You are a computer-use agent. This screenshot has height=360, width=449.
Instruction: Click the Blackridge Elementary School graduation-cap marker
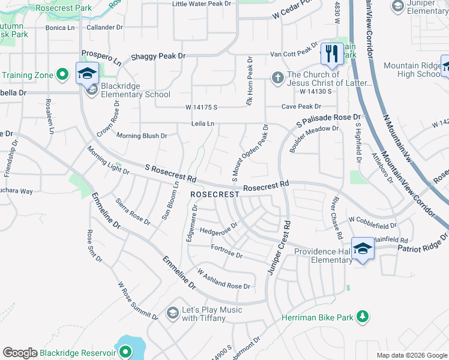[87, 74]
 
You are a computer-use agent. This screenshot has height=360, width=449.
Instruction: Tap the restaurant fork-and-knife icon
[332, 53]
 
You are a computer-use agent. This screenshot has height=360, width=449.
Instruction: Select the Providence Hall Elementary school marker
[363, 248]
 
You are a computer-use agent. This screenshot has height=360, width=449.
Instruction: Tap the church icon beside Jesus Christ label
[277, 77]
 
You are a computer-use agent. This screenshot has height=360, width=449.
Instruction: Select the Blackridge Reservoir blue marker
[125, 352]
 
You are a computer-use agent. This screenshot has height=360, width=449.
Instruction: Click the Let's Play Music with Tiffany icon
[173, 313]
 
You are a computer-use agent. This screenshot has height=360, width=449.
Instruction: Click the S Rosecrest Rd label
[171, 173]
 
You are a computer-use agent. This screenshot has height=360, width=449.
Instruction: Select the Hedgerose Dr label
[219, 229]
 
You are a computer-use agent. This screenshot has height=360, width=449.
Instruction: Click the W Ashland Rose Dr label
[223, 279]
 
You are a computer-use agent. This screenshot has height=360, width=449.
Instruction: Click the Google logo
[20, 353]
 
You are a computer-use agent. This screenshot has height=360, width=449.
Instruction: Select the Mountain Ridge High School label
[412, 70]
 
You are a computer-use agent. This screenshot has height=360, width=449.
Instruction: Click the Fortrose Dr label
[226, 251]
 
